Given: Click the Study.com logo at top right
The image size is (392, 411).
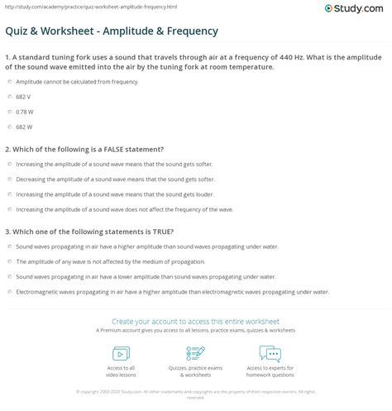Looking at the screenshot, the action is point(358,10).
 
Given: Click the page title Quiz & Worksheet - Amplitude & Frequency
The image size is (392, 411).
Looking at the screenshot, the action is point(112,30).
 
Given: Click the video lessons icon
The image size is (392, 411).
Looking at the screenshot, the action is point(120,353).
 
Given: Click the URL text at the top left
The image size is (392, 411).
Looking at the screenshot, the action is point(69,5).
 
